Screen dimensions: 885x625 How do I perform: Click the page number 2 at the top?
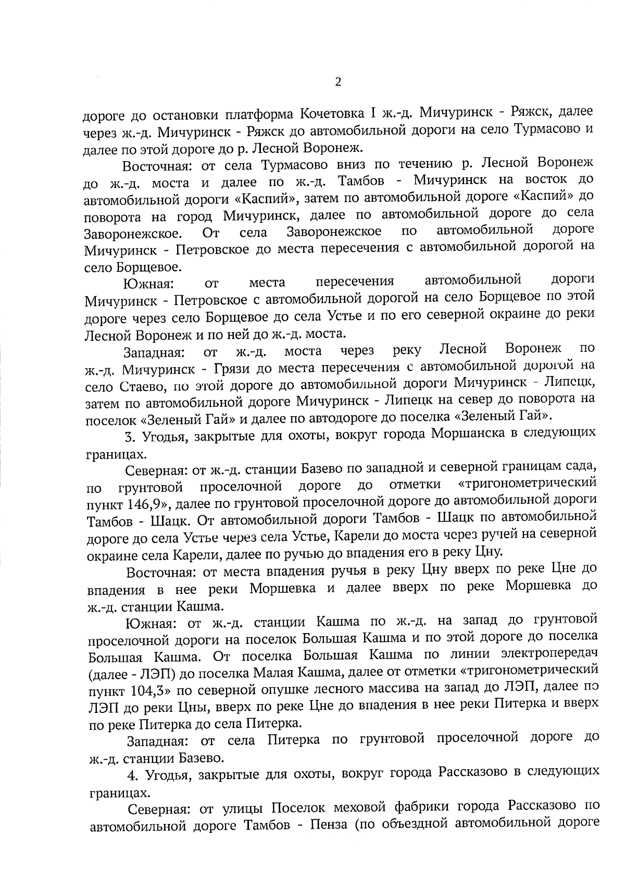(339, 82)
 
